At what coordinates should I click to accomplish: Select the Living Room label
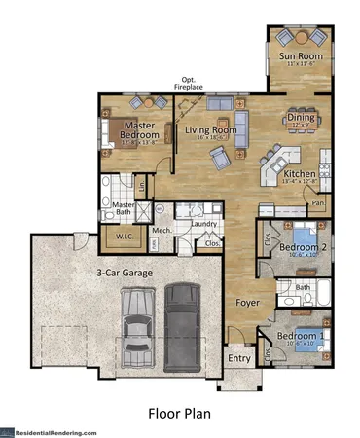pyautogui.click(x=211, y=129)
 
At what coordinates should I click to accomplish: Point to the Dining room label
pyautogui.click(x=300, y=118)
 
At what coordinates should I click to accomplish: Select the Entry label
pyautogui.click(x=239, y=357)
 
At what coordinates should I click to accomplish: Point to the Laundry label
pyautogui.click(x=203, y=225)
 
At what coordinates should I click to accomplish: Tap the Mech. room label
pyautogui.click(x=162, y=231)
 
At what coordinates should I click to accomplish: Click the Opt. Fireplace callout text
pyautogui.click(x=189, y=84)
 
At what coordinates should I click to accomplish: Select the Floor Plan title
pyautogui.click(x=180, y=412)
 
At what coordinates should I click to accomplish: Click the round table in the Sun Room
pyautogui.click(x=301, y=38)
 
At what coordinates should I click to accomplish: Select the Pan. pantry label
pyautogui.click(x=318, y=203)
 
